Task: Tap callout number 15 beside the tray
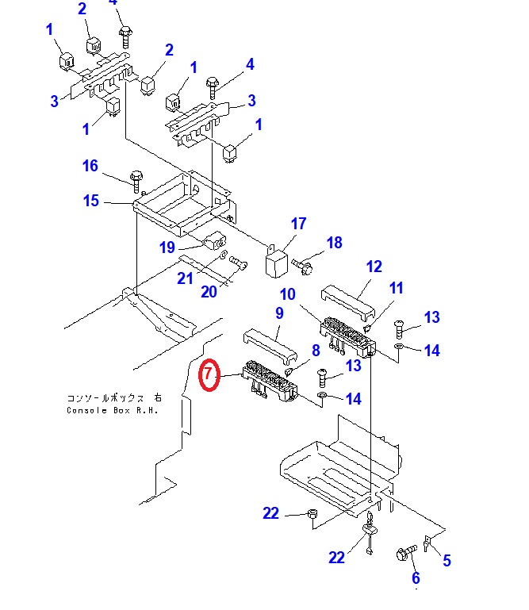[91, 201]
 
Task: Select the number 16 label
[90, 166]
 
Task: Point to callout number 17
[298, 224]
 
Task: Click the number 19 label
[167, 247]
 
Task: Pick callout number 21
[185, 278]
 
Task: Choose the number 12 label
[374, 267]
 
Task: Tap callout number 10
[287, 294]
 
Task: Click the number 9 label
[278, 313]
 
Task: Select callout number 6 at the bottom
[415, 579]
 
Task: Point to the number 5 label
[447, 561]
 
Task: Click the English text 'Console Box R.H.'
[113, 410]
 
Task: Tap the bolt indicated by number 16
[136, 178]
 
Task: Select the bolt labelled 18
[304, 263]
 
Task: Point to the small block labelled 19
[215, 240]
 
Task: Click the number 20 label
[209, 291]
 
